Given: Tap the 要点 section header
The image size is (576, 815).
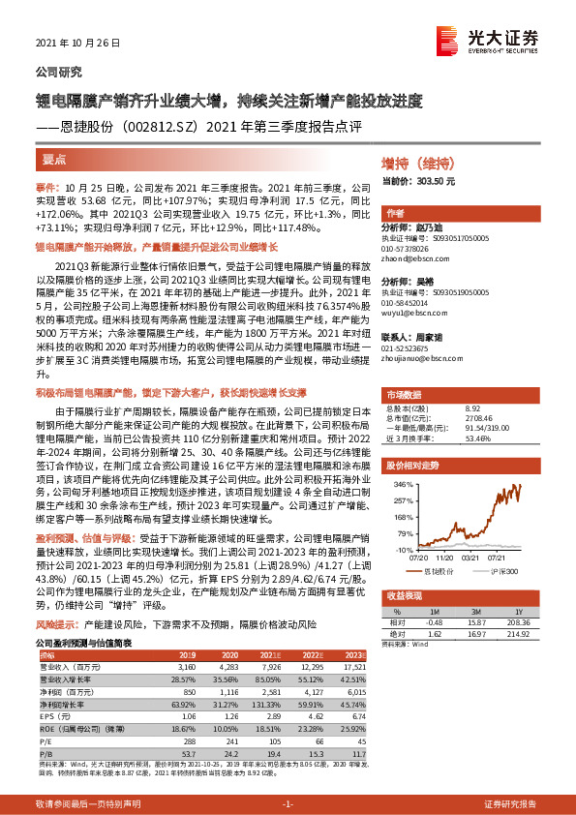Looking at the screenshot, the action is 54,159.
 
